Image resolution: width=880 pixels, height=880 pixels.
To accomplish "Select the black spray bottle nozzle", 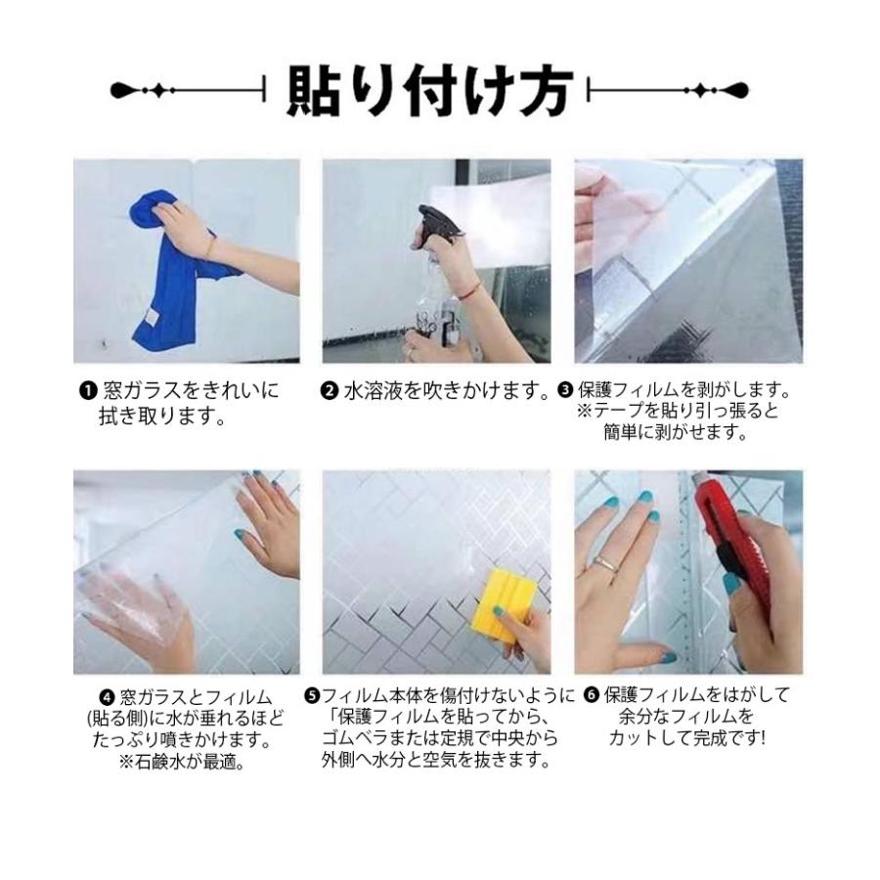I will coord(433,220).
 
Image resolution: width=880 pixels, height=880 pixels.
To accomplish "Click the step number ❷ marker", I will coord(330,392).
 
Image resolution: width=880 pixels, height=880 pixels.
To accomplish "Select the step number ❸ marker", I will coord(565,392).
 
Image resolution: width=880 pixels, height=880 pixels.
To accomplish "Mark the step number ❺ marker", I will coord(312,696).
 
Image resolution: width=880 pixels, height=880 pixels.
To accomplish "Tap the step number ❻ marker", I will coord(591,696).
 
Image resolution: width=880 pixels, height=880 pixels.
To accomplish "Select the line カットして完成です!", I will coord(686,739).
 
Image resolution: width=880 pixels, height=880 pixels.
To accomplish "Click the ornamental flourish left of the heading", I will coord(186,91).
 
